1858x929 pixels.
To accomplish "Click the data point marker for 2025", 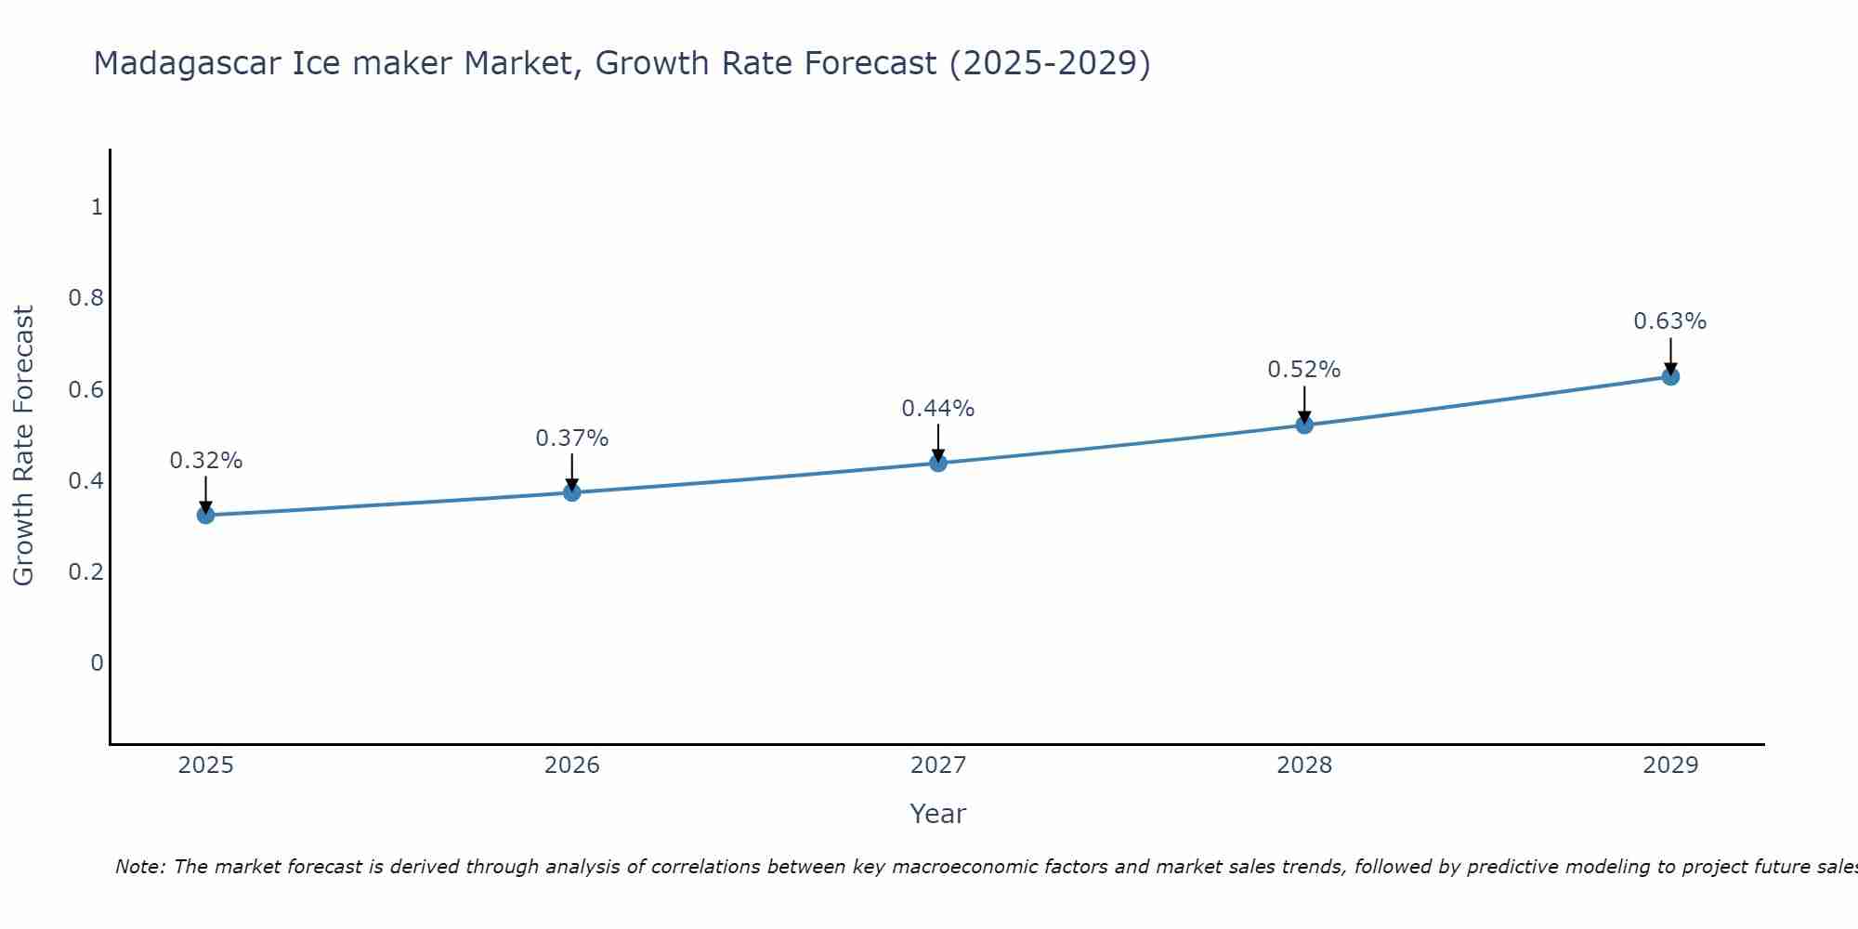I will [206, 515].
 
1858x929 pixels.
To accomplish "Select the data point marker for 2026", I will [572, 491].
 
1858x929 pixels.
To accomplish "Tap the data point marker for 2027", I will [938, 462].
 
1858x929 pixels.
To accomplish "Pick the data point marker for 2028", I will [1304, 425].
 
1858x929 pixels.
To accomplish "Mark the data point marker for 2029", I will [1670, 376].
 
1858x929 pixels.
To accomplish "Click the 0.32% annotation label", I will [206, 461].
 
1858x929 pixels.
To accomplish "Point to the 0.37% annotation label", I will [572, 438].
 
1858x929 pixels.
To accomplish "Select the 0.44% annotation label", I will [938, 408].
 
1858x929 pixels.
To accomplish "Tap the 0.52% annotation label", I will [1304, 370].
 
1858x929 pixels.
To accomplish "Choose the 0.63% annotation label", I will [1670, 321].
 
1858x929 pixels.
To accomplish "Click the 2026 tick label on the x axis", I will [572, 765].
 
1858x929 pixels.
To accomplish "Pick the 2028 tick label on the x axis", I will [1304, 765].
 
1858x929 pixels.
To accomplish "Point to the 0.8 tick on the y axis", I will [86, 298].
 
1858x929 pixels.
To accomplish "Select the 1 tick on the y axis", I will [97, 207].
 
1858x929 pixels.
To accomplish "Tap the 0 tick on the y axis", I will [97, 663].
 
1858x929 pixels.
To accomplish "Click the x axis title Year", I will [938, 814].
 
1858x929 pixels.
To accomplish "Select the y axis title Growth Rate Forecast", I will [24, 446].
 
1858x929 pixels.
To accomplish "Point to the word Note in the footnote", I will [140, 867].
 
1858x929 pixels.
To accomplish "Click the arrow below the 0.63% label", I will [1670, 355].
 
